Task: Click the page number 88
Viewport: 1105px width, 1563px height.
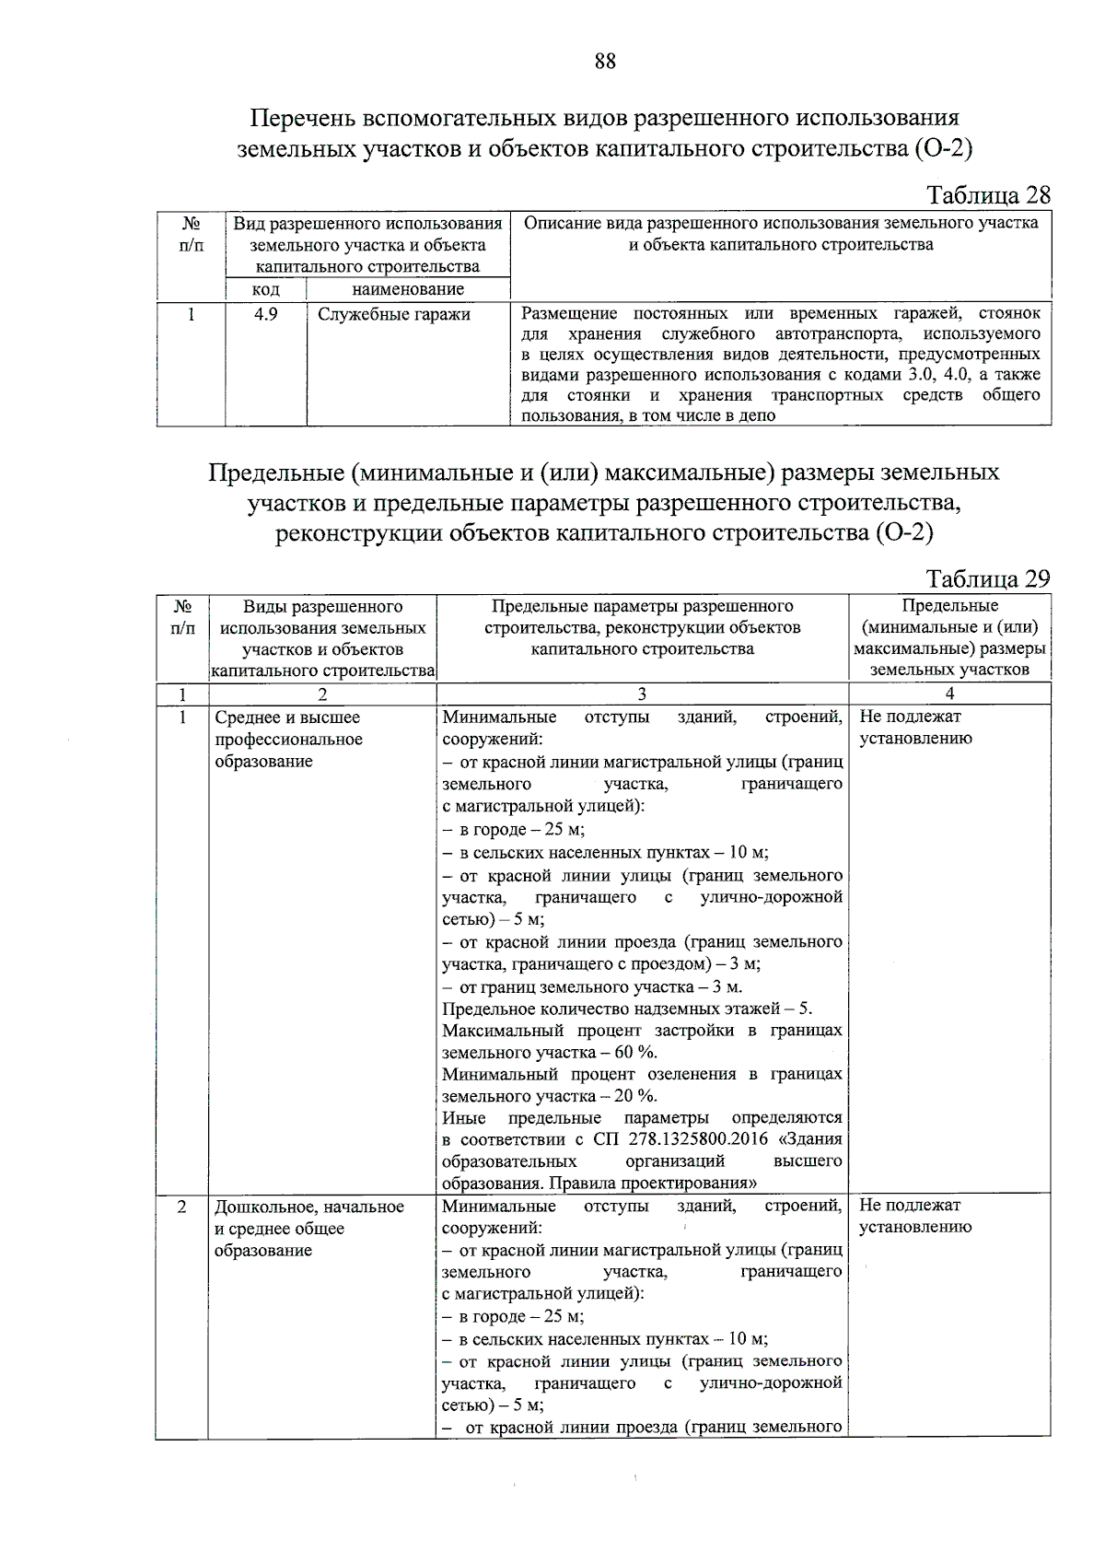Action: click(605, 62)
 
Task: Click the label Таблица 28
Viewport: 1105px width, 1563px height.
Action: click(987, 195)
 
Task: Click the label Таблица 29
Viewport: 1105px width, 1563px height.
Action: click(987, 578)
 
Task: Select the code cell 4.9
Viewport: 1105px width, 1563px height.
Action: click(266, 314)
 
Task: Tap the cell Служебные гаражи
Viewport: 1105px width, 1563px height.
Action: click(394, 314)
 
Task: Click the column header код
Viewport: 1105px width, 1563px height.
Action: click(266, 289)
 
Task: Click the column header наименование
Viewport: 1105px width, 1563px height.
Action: click(408, 289)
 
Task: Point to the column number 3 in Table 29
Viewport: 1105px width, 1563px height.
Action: click(642, 694)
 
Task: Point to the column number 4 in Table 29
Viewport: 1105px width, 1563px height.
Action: click(949, 694)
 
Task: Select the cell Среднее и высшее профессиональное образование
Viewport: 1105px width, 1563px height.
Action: click(288, 740)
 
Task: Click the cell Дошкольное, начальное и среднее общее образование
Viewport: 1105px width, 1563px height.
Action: click(309, 1228)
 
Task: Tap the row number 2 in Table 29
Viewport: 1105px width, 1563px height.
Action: click(181, 1207)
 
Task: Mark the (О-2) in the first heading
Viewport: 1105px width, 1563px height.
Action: click(943, 148)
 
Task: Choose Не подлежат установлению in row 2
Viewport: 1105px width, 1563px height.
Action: click(915, 1216)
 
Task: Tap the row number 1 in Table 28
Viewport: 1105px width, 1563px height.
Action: click(191, 314)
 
